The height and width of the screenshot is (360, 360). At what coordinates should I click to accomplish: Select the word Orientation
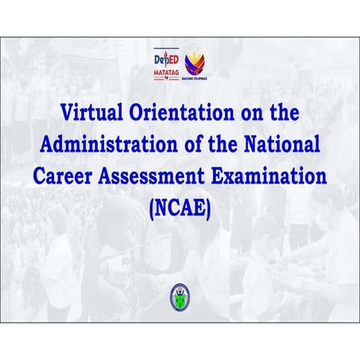184,113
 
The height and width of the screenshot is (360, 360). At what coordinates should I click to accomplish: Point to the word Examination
265,176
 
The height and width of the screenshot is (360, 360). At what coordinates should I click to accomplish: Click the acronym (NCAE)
180,208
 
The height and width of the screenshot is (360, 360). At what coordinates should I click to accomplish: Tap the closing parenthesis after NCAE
208,208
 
